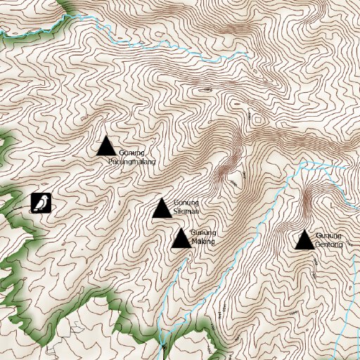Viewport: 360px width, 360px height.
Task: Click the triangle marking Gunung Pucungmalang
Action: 106,146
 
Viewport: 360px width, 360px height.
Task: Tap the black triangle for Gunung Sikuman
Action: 162,209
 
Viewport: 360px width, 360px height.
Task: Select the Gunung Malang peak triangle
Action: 181,239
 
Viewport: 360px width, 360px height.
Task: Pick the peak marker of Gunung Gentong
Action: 304,240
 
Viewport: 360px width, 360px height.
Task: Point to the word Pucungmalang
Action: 131,162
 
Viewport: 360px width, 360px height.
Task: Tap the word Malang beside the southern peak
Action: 203,242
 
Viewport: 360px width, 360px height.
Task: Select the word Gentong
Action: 329,244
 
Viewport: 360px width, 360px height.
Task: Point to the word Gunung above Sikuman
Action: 186,202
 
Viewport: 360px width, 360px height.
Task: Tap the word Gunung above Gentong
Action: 328,236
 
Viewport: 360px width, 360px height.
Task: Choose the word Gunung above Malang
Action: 203,233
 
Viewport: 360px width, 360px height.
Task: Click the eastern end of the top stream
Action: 248,53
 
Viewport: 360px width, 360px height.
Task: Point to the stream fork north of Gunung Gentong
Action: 301,167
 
